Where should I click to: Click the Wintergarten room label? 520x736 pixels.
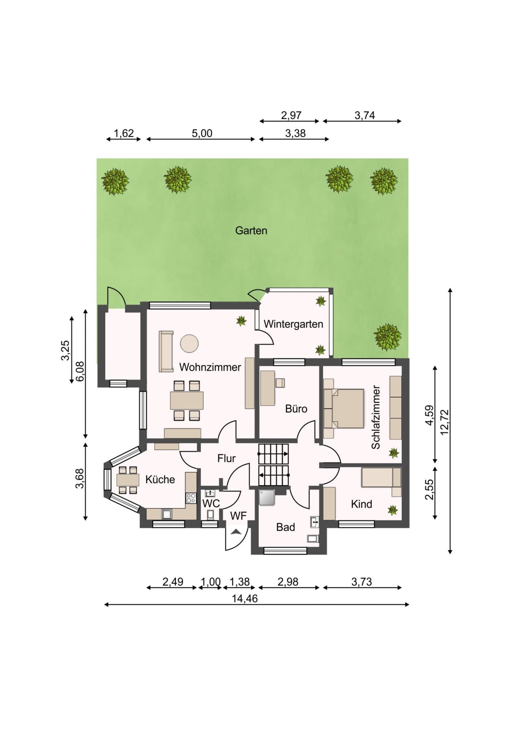pos(293,324)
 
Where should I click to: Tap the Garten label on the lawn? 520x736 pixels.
pos(251,230)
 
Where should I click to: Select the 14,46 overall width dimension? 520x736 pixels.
pos(245,598)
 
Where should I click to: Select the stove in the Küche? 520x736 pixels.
pos(191,498)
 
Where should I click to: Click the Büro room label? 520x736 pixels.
pos(296,408)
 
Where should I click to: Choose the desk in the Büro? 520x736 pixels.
pos(267,388)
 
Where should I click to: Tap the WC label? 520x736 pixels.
pos(211,503)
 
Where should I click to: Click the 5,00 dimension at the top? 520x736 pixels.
pos(202,133)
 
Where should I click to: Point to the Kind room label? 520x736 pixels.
pos(361,504)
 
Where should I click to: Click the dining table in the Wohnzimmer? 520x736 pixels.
pos(187,400)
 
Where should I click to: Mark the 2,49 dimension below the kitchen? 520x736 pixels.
pos(173,582)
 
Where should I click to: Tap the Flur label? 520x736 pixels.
pos(226,458)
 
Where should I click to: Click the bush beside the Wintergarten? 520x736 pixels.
pos(388,337)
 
